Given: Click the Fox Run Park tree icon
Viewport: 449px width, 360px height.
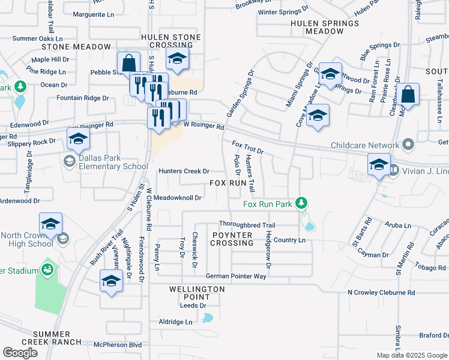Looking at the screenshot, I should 303,204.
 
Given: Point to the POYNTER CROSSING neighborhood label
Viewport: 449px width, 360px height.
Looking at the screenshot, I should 232,239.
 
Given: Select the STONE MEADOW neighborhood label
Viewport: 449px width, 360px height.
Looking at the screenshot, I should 76,47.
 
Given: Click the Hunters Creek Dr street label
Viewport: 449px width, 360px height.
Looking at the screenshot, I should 184,171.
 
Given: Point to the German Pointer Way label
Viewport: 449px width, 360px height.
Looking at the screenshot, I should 235,276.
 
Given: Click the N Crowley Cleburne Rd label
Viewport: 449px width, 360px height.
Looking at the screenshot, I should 381,293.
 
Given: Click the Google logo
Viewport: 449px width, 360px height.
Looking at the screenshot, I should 20,353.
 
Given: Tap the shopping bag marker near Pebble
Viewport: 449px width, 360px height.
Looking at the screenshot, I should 128,62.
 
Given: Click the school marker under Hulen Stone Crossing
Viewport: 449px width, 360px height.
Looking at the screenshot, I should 177,58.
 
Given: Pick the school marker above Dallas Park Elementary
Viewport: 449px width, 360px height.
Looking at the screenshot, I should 77,139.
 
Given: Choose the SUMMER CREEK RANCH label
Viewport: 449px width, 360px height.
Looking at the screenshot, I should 58,338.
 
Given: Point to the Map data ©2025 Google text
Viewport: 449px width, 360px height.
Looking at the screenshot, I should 411,355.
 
